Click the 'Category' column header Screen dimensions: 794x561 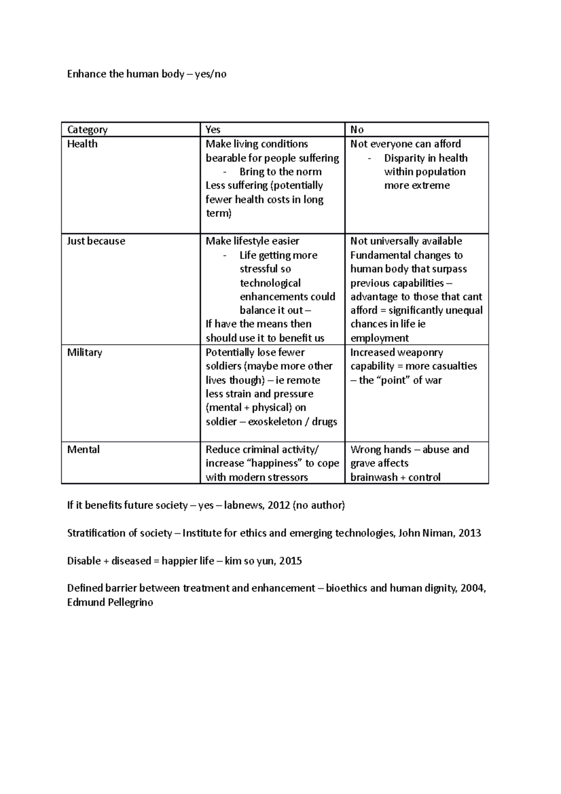(x=87, y=130)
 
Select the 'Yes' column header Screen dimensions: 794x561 (x=213, y=130)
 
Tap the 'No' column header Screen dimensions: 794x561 (x=357, y=130)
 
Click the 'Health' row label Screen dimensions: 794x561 (x=82, y=144)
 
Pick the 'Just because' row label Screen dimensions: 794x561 (x=96, y=241)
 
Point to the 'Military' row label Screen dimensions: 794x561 (x=85, y=353)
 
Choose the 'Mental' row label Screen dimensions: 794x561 (x=83, y=450)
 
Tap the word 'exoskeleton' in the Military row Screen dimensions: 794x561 (x=275, y=422)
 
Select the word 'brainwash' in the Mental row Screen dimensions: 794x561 (x=372, y=477)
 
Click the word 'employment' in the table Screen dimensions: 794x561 (x=380, y=338)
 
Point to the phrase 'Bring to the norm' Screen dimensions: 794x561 (x=280, y=172)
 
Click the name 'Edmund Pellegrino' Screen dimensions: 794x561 (x=110, y=602)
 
